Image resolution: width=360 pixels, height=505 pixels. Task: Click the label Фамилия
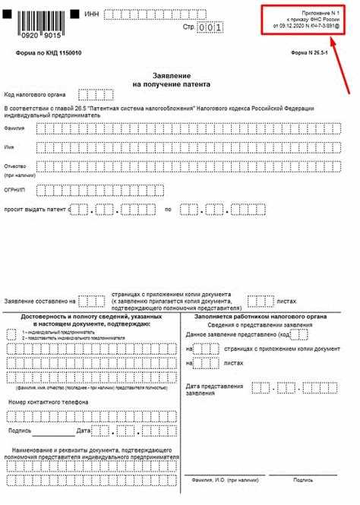tap(14, 128)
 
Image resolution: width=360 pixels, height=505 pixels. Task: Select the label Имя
tap(9, 146)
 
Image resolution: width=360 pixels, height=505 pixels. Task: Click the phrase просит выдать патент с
tap(36, 208)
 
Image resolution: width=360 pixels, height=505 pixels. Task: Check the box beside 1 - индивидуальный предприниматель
tap(11, 333)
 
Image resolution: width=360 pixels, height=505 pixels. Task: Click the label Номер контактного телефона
tap(48, 401)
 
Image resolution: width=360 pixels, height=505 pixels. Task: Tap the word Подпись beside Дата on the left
tap(20, 431)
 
